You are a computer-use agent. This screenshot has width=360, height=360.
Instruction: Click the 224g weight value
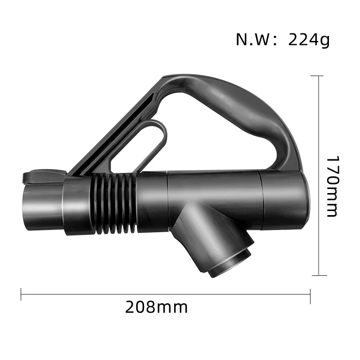[x=309, y=40]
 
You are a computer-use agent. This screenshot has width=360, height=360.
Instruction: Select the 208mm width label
[x=156, y=308]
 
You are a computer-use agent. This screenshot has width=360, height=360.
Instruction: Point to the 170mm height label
[x=332, y=186]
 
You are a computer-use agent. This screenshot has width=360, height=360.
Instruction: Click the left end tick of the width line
[x=21, y=295]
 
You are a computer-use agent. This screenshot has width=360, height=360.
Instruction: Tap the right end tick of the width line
[x=310, y=295]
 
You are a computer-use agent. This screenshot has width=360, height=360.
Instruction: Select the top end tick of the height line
[x=319, y=76]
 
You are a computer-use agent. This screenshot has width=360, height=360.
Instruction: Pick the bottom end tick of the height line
[x=319, y=275]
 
